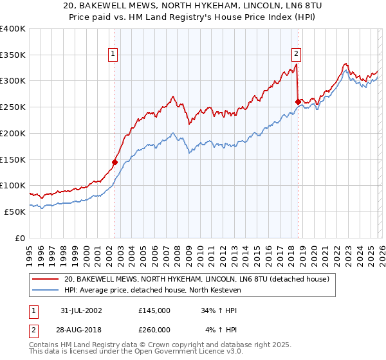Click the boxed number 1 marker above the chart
tap(113, 55)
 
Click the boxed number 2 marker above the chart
tap(297, 55)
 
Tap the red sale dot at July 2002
tap(115, 162)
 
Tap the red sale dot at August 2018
tap(298, 101)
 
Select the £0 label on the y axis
tap(20, 238)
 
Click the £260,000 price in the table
tap(154, 329)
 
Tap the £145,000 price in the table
tap(154, 310)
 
